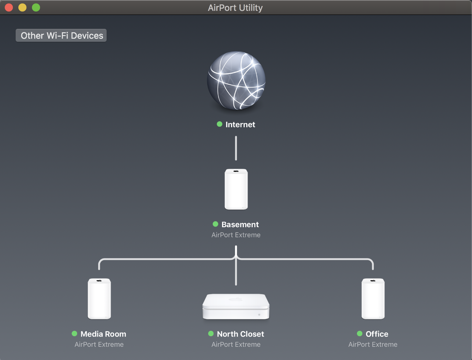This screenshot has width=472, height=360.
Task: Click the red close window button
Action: click(x=9, y=7)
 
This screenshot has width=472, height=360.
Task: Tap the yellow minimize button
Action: click(x=22, y=7)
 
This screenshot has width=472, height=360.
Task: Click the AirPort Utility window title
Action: click(x=235, y=8)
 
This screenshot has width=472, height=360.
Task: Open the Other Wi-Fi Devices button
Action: click(x=61, y=35)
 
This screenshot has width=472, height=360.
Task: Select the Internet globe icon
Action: click(x=236, y=80)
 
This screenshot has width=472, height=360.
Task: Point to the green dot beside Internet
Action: click(x=220, y=124)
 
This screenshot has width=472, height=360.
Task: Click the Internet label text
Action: click(x=240, y=125)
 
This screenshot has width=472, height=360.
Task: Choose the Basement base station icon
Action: click(x=236, y=189)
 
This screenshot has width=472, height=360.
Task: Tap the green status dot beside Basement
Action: click(x=215, y=224)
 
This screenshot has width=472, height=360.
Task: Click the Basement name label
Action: click(x=240, y=224)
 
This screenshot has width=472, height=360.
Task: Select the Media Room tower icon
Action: click(x=99, y=299)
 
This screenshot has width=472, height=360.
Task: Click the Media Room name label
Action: click(x=103, y=334)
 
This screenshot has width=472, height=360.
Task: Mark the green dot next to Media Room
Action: click(x=74, y=334)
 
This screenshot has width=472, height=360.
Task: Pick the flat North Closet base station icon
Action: click(x=236, y=306)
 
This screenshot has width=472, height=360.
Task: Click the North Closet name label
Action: click(x=240, y=334)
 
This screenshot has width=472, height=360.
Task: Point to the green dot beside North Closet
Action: click(x=211, y=334)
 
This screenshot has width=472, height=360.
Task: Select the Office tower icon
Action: click(x=373, y=299)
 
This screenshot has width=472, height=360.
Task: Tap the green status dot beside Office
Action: click(x=360, y=334)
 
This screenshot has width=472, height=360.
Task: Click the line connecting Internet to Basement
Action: click(x=236, y=148)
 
